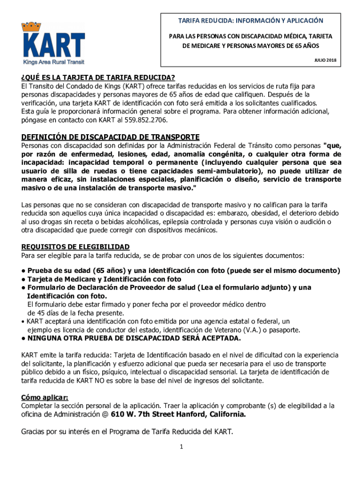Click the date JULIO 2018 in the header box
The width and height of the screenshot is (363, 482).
(325, 60)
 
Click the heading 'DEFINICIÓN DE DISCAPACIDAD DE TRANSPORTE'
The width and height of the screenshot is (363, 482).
(110, 137)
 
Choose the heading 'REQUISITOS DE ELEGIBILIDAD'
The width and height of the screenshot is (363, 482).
(75, 247)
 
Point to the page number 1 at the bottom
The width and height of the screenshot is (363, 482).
(181, 447)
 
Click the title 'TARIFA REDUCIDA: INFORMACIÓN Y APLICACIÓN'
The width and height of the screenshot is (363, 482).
(250, 21)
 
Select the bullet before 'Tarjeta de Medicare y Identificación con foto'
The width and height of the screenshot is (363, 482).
(23, 279)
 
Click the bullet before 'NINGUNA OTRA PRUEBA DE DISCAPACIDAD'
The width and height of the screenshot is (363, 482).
(23, 338)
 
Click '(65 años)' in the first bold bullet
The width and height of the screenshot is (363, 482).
(106, 271)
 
